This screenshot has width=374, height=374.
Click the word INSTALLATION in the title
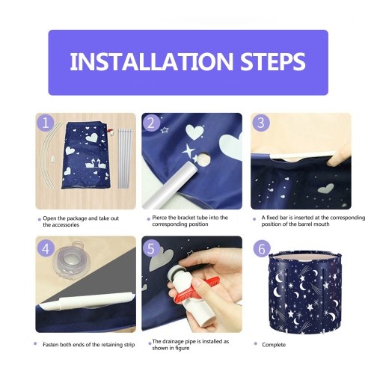(152, 61)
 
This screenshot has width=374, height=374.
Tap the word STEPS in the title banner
(273, 61)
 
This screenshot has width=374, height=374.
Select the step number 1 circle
(46, 123)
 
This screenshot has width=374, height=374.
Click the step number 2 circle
(151, 123)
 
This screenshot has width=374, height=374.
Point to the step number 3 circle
(261, 123)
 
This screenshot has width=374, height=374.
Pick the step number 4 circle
(46, 248)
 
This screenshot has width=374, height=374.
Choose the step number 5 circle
(151, 248)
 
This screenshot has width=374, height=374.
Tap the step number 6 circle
(262, 248)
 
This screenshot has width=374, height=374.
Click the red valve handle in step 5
(196, 289)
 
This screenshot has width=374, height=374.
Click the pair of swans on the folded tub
(96, 163)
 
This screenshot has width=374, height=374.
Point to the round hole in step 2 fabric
(204, 159)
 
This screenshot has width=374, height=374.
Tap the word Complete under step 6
(274, 345)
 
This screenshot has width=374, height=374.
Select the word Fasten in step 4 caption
(52, 345)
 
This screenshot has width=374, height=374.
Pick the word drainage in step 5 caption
(174, 342)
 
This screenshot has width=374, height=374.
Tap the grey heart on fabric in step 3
(326, 188)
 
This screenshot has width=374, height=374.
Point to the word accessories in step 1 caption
(61, 225)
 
